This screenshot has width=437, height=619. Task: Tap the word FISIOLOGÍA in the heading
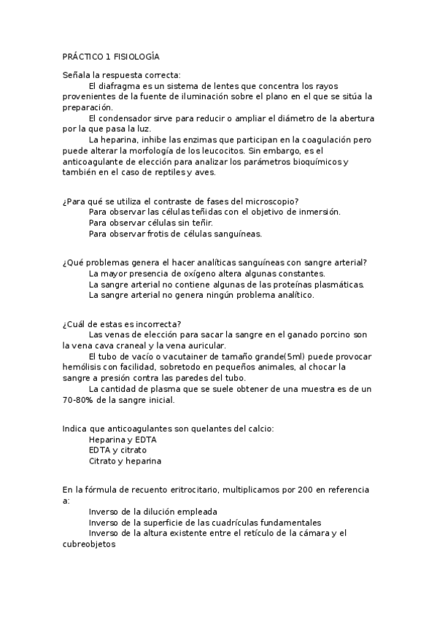click(136, 56)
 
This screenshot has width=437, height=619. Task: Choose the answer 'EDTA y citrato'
click(117, 450)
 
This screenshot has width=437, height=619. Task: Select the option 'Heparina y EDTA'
click(123, 440)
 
